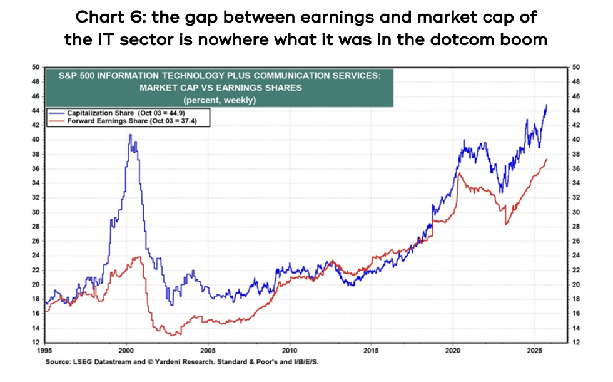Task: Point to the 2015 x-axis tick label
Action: point(372,351)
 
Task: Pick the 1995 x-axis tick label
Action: point(45,351)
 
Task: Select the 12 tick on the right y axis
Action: point(577,343)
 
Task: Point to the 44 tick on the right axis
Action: point(577,110)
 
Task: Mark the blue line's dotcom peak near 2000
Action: point(130,135)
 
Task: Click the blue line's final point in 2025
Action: point(547,105)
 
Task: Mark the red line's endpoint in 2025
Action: point(547,159)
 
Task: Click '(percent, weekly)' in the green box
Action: point(219,100)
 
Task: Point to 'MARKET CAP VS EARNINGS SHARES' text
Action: point(219,88)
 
